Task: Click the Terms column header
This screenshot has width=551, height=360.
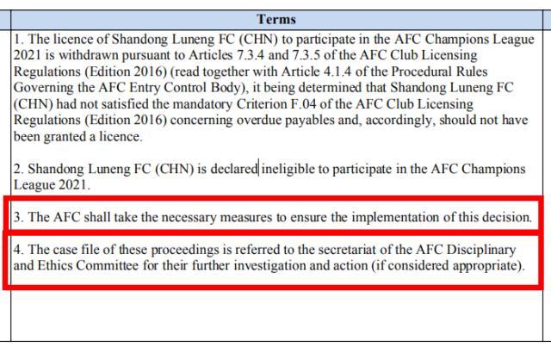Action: point(275,18)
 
